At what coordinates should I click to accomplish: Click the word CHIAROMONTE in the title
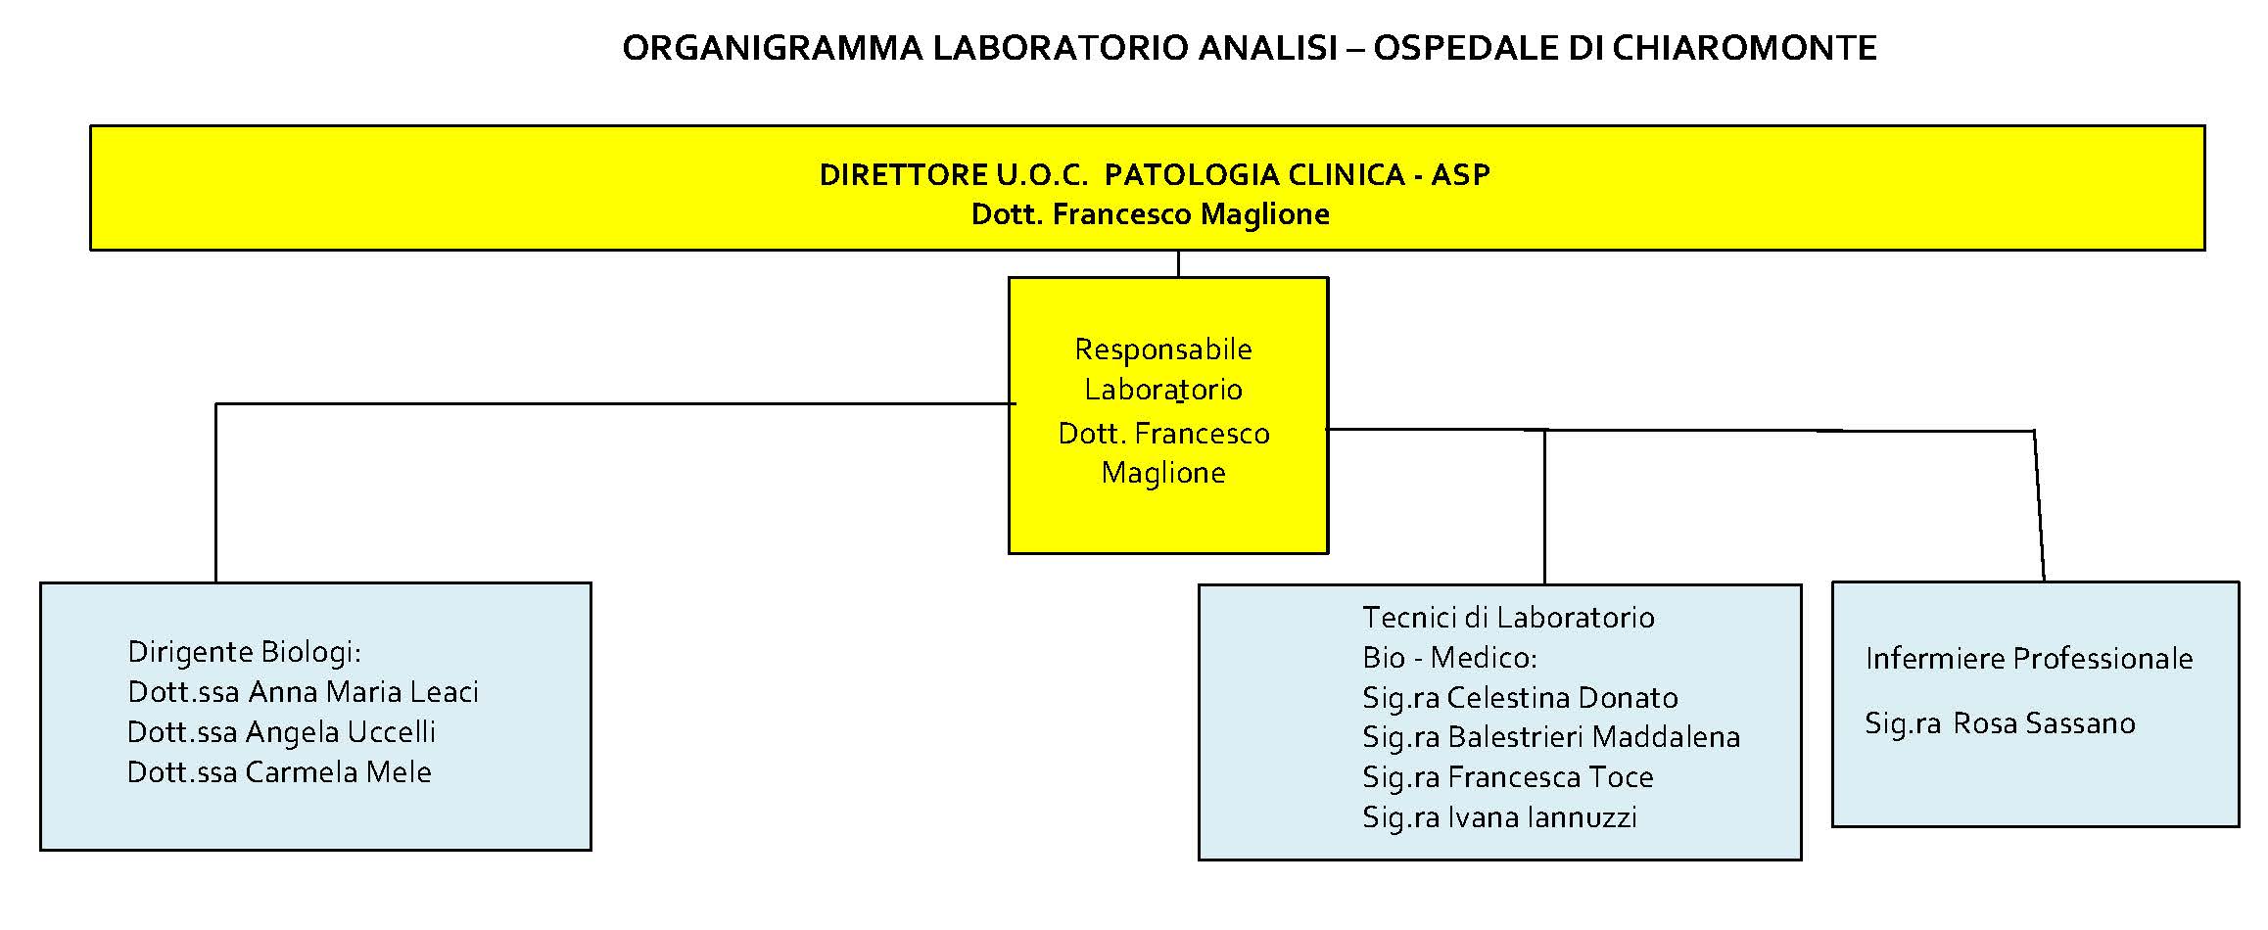tap(1744, 48)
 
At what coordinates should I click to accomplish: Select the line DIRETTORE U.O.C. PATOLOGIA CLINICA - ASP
tap(1155, 175)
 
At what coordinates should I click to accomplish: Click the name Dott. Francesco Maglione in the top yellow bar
tap(1151, 214)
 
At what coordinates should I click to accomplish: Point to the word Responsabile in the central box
tap(1163, 349)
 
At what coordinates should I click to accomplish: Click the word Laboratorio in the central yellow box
tap(1163, 390)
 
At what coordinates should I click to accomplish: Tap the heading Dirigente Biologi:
tap(245, 652)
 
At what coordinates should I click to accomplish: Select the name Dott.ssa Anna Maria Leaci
tap(304, 692)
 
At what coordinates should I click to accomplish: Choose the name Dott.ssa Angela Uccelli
tap(282, 732)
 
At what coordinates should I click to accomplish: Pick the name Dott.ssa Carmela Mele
tap(280, 772)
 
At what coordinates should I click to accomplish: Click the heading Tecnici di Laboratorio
tap(1509, 618)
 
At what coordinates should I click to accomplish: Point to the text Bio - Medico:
tap(1450, 658)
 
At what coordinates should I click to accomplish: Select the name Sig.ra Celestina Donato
tap(1521, 698)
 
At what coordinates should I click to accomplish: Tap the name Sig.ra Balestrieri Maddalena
tap(1552, 737)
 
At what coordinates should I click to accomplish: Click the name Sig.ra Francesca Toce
tap(1508, 777)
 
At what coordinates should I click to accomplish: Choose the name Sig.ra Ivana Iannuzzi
tap(1500, 817)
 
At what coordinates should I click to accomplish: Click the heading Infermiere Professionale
tap(2029, 659)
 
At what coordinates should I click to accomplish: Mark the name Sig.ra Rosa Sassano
tap(2001, 723)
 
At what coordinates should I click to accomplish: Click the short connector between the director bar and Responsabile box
tap(1178, 264)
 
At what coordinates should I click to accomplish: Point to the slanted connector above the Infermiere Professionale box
tap(2040, 505)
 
